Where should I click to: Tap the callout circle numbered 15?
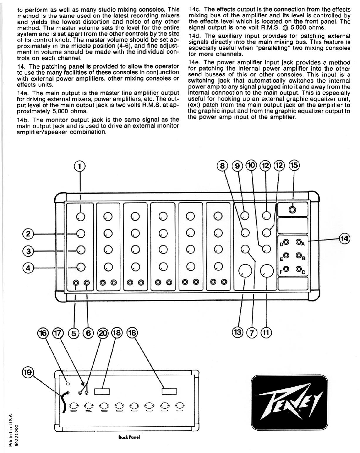click(294, 165)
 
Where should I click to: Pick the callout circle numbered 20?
click(104, 332)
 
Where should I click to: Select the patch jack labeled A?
click(299, 242)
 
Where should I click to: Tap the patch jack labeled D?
click(286, 242)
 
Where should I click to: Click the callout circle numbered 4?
click(28, 267)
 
